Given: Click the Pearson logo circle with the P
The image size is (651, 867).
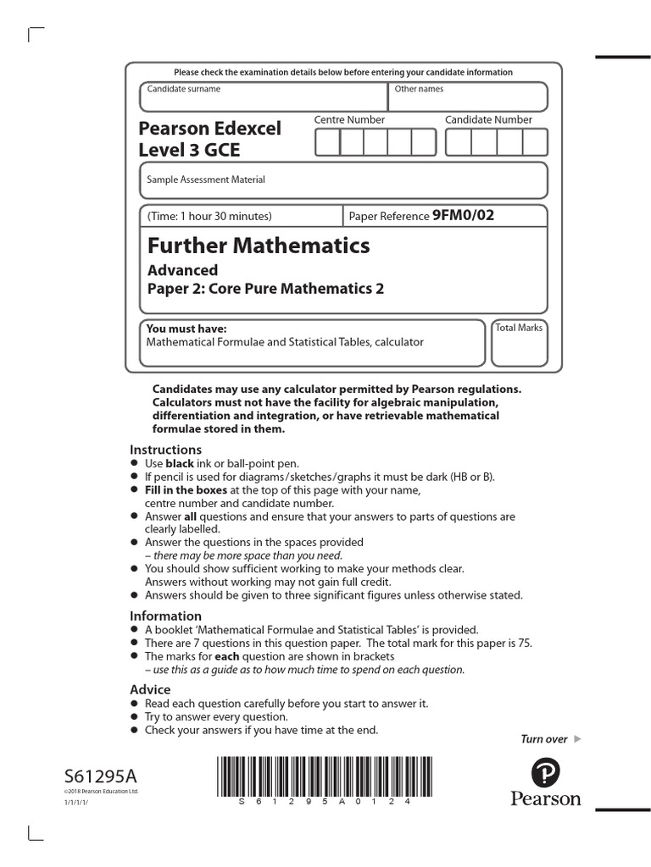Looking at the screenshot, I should click(x=545, y=774).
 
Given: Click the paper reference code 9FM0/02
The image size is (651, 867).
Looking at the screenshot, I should click(x=463, y=216).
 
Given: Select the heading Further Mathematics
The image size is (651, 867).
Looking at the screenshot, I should click(x=259, y=246).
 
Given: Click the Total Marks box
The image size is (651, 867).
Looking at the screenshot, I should click(x=520, y=343).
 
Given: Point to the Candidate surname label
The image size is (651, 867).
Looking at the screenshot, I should click(x=183, y=89).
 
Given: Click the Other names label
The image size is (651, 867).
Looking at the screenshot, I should click(x=419, y=89).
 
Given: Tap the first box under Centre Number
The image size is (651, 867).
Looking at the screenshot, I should click(x=327, y=143).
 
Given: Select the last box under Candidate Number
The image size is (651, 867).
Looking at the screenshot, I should click(x=535, y=143).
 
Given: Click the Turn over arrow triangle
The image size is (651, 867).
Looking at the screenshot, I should click(x=578, y=739).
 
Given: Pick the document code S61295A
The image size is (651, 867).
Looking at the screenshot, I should click(x=98, y=776).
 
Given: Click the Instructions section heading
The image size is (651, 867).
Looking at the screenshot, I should click(x=165, y=450).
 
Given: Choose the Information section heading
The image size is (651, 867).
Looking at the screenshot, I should click(x=165, y=616).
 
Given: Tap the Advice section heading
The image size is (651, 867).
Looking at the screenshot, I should click(x=150, y=689).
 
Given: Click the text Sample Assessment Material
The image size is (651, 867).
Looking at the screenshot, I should click(x=206, y=179).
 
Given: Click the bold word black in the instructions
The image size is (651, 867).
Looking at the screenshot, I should click(x=179, y=464).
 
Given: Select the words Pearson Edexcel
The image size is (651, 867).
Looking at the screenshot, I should click(x=209, y=129).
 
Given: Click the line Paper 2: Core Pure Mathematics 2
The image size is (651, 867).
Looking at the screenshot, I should click(x=265, y=289).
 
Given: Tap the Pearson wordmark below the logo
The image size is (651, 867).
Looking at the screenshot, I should click(x=545, y=798).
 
